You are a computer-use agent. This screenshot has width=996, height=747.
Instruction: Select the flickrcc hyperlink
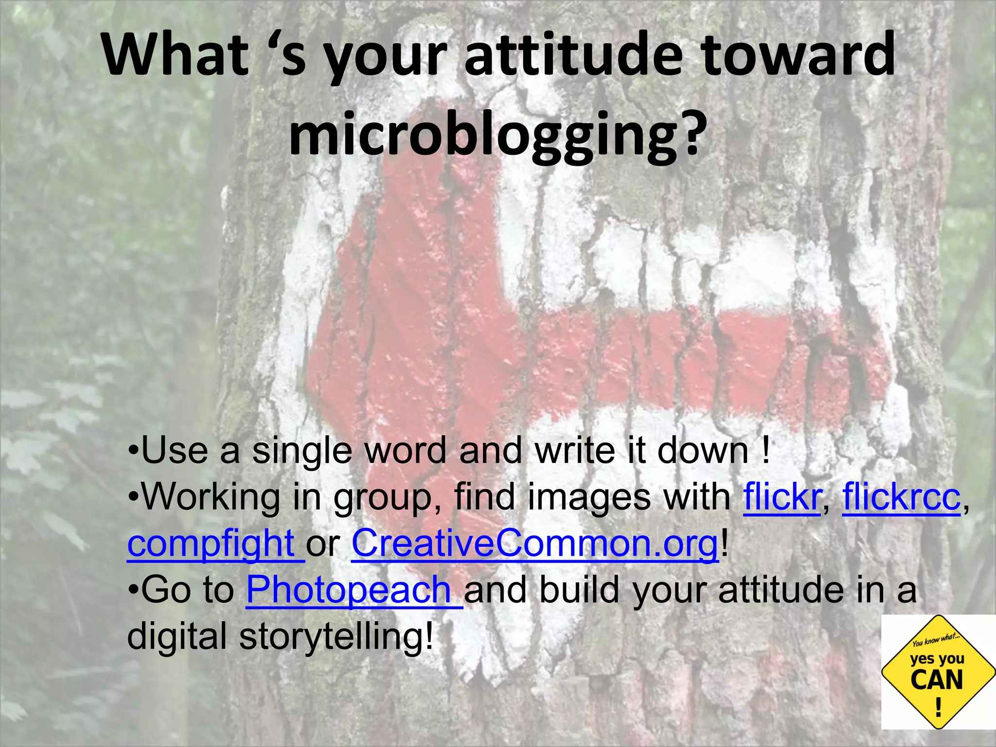point(902,497)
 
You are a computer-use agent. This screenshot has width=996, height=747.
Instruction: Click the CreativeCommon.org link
point(534,544)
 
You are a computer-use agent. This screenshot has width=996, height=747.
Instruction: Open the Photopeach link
point(349,589)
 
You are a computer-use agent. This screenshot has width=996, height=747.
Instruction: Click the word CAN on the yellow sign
point(937,680)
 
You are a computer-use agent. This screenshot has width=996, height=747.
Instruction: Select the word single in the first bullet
point(301,450)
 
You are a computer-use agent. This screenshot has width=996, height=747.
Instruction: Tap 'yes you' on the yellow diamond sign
point(937,658)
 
